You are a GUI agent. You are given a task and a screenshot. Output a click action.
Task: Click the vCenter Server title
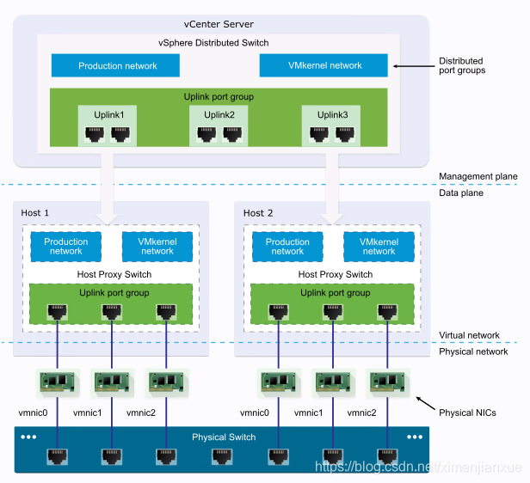pyautogui.click(x=219, y=24)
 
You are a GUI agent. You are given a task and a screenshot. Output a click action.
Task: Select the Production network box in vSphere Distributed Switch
pyautogui.click(x=116, y=65)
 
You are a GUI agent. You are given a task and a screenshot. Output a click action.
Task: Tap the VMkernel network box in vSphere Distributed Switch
pyautogui.click(x=324, y=65)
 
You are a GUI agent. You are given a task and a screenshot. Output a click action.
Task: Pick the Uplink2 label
pyautogui.click(x=219, y=114)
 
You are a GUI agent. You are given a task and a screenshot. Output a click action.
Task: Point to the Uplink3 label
pyautogui.click(x=331, y=114)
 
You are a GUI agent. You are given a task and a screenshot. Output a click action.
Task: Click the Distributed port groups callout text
pyautogui.click(x=461, y=65)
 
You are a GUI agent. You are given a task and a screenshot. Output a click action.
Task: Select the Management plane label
pyautogui.click(x=478, y=176)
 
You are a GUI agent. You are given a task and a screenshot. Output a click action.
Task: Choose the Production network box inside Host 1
pyautogui.click(x=66, y=247)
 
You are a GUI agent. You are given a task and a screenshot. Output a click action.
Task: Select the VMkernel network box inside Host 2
pyautogui.click(x=379, y=247)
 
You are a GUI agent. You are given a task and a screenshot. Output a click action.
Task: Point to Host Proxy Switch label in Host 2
pyautogui.click(x=336, y=274)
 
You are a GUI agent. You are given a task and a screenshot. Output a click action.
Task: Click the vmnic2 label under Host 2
pyautogui.click(x=362, y=413)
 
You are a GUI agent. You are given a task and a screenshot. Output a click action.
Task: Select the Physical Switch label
pyautogui.click(x=224, y=437)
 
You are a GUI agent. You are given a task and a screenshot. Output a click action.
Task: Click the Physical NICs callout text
pyautogui.click(x=468, y=413)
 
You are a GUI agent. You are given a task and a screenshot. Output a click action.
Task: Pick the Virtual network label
pyautogui.click(x=470, y=336)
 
